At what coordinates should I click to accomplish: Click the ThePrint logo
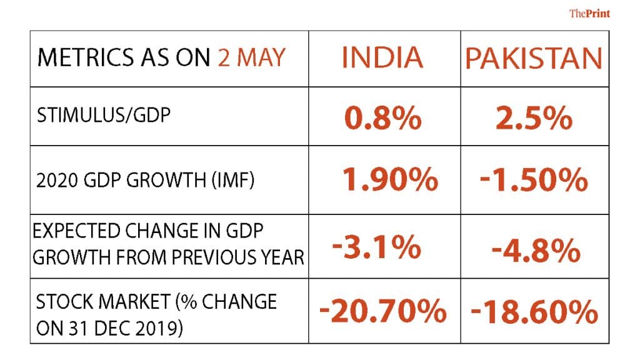[x=589, y=13]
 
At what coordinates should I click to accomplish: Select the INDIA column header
[x=382, y=57]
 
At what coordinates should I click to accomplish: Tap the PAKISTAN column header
[x=534, y=58]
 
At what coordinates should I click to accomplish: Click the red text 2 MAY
[x=251, y=57]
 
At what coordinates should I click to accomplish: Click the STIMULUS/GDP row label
[x=103, y=116]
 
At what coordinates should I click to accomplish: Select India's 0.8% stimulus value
[x=382, y=117]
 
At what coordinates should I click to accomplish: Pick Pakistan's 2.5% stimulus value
[x=534, y=117]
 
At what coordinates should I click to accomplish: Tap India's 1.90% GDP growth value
[x=389, y=180]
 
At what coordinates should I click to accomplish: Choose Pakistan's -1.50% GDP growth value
[x=534, y=180]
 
